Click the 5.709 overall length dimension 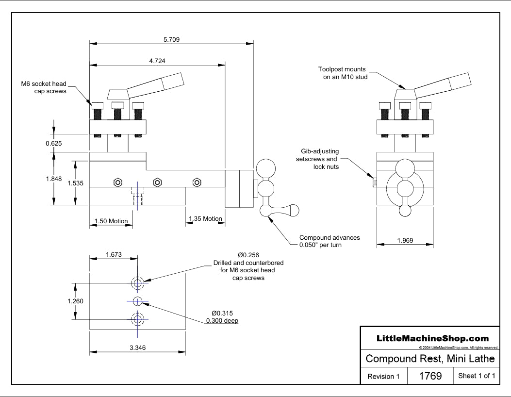(172, 40)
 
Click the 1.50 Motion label (111, 221)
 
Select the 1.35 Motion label (205, 219)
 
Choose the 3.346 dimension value (138, 347)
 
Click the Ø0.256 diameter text (248, 255)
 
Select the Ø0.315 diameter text (223, 313)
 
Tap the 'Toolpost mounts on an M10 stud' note (342, 73)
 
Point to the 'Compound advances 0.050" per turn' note (329, 241)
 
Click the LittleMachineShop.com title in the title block (429, 338)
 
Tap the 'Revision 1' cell (383, 376)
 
